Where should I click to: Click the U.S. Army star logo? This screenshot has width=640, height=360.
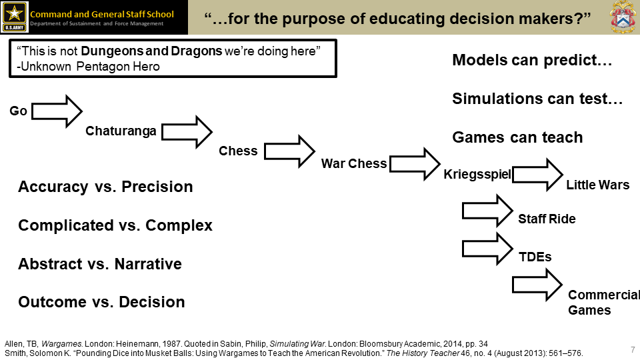point(14,17)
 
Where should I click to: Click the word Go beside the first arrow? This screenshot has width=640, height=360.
point(18,111)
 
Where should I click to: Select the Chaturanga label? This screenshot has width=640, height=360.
point(121,131)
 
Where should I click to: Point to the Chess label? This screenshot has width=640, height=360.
point(238,151)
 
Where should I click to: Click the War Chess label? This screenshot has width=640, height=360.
point(354,163)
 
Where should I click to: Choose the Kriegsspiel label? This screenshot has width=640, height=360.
point(477,175)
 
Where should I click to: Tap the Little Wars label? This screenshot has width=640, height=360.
point(597,185)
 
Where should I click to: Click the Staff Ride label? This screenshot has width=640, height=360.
point(547,219)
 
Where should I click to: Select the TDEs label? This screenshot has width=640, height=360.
point(535,257)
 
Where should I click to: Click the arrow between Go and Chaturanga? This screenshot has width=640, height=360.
point(57,111)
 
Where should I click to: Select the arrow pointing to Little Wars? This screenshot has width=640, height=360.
point(537,175)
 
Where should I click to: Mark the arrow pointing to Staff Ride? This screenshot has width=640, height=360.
point(487,211)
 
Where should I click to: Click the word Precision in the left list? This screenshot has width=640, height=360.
point(156,187)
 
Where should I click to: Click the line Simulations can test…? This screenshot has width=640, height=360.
point(537,99)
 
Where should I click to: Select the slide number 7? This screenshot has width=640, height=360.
point(632,349)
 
